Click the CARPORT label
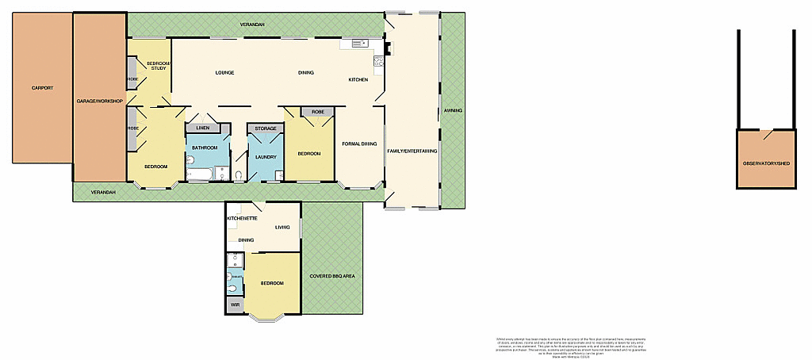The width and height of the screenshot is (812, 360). tap(42, 88)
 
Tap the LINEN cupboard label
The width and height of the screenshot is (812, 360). tap(203, 128)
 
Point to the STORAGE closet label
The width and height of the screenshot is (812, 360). tap(266, 128)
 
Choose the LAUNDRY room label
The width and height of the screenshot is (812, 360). tap(266, 157)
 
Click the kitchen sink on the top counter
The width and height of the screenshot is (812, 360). tap(354, 43)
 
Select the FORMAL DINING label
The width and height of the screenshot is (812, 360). tap(358, 144)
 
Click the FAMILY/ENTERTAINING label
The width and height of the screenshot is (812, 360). tap(412, 151)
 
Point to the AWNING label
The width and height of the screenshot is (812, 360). tap(453, 110)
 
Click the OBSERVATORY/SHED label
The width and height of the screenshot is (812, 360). tap(766, 163)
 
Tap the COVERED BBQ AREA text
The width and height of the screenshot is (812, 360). tap(332, 276)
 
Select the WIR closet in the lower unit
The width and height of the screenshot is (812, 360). tap(235, 304)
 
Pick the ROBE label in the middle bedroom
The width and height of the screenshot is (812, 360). tap(317, 113)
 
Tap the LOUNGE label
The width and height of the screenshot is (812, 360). tap(224, 73)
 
